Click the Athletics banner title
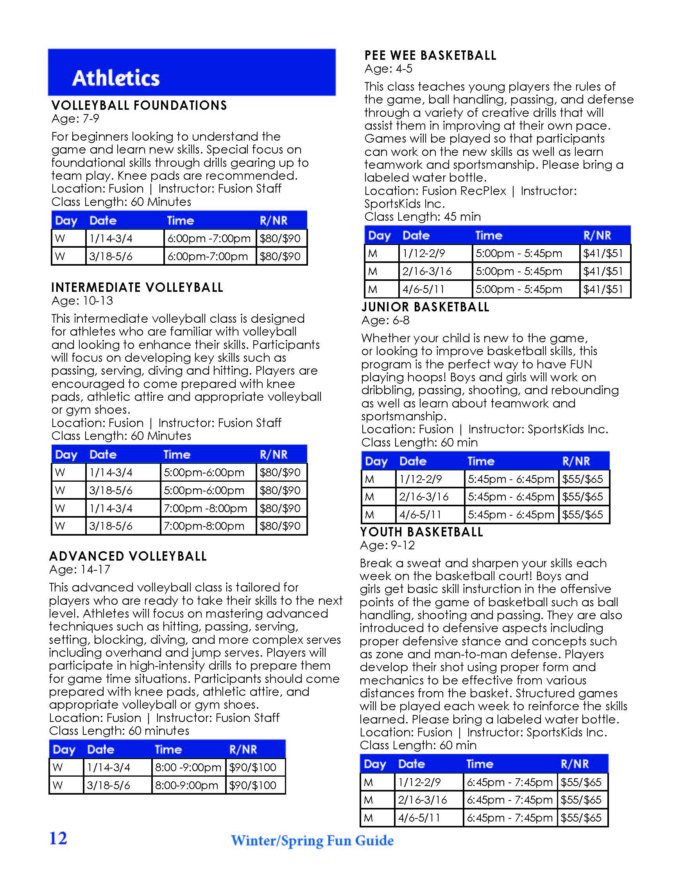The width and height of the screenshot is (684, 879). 116,78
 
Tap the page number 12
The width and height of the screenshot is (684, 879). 58,838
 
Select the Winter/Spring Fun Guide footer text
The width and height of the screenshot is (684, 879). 312,840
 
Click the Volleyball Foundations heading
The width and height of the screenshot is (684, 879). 139,105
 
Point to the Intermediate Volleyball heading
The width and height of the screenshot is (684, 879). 137,288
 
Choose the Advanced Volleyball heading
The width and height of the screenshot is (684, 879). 128,556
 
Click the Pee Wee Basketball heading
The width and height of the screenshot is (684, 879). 430,55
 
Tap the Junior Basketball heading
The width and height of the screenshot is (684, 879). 425,307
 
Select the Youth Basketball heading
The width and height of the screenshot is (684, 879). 421,532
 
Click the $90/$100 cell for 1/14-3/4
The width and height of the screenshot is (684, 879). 253,767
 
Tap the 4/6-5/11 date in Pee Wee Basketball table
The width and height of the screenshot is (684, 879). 424,289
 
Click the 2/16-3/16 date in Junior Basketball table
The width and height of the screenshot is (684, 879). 424,497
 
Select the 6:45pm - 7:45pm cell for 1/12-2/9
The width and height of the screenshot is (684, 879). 509,782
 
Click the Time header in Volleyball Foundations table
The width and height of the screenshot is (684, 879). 180,221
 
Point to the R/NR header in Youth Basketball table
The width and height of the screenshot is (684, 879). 575,764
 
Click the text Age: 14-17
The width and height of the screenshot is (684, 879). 80,570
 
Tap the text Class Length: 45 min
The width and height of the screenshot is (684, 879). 422,217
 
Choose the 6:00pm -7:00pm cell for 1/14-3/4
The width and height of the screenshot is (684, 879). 209,238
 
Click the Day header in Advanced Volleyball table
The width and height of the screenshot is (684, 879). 64,749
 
